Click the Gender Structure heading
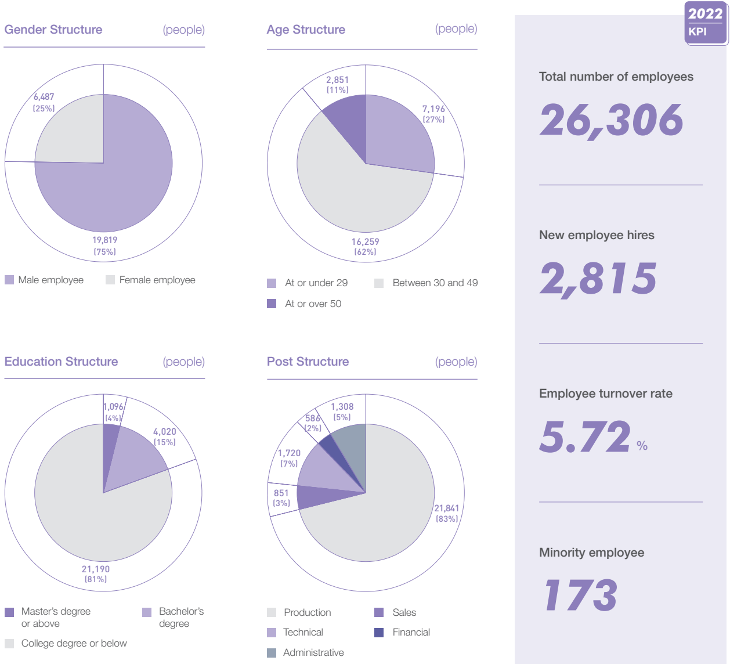[53, 30]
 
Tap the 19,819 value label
[105, 240]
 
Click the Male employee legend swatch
[9, 280]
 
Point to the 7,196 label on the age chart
[433, 109]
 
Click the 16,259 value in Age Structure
[366, 242]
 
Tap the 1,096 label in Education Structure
[113, 407]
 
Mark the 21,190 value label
[96, 569]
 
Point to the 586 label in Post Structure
[313, 418]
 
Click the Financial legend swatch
[379, 633]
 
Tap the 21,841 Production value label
[447, 508]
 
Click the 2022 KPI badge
[705, 23]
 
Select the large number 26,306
[612, 120]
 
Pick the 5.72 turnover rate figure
[585, 437]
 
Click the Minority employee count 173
[580, 596]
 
